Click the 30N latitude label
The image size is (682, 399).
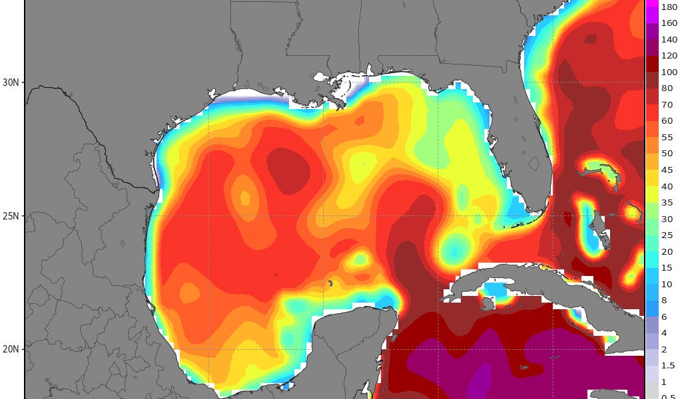(x=11, y=82)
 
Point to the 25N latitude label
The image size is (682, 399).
(x=11, y=216)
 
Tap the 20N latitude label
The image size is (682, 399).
(x=11, y=349)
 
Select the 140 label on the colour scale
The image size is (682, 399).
(x=667, y=39)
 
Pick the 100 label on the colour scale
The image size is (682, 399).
(x=667, y=72)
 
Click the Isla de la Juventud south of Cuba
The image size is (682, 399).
(x=488, y=303)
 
